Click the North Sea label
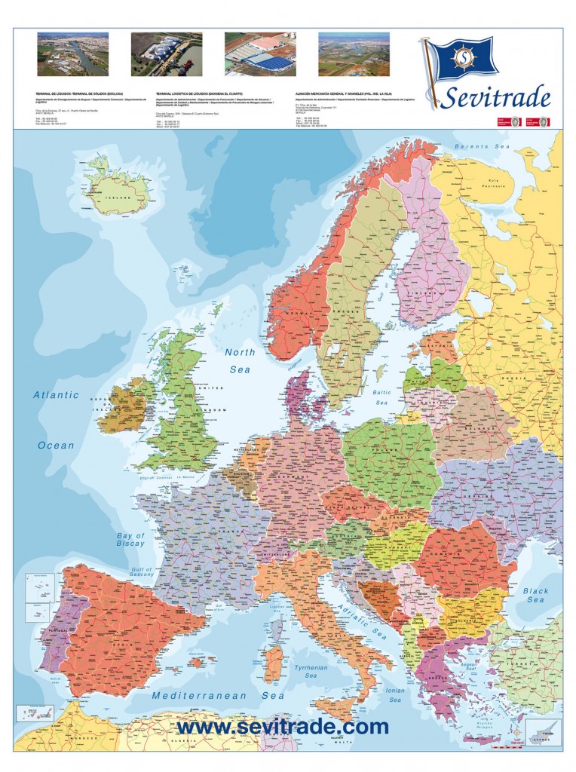[241, 360]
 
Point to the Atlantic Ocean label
[57, 419]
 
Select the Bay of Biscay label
[130, 540]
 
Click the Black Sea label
[536, 595]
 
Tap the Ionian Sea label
[394, 694]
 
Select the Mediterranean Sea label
[218, 696]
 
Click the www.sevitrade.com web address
[283, 727]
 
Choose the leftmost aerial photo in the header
[73, 54]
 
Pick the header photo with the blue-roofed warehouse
[260, 54]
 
